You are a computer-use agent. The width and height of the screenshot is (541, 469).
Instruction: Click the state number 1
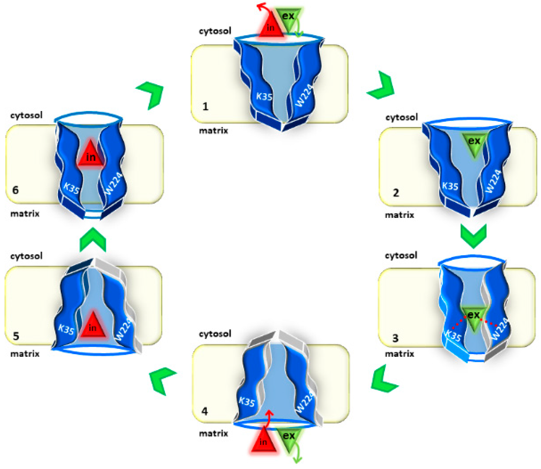click(205, 107)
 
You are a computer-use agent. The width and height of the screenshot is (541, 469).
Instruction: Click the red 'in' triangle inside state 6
click(91, 155)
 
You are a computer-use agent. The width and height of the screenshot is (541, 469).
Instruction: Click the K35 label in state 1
click(264, 97)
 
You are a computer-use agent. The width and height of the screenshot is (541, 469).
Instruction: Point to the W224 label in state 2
click(493, 181)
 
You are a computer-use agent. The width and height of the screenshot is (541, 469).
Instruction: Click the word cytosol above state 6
click(26, 115)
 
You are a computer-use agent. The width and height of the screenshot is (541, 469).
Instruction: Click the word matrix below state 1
click(214, 131)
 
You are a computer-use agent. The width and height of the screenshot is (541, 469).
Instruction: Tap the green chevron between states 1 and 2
click(382, 86)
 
